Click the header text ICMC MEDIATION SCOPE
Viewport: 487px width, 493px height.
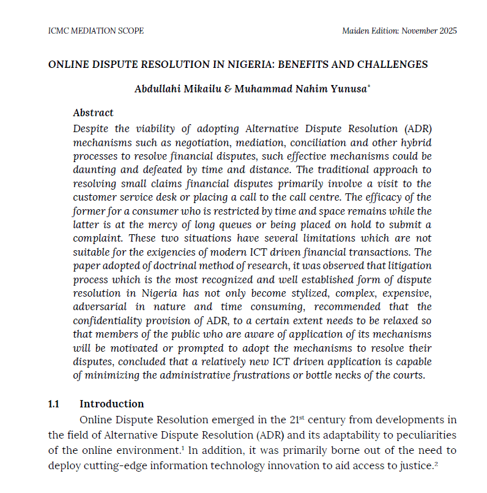pos(95,31)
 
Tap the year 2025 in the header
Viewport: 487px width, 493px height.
pos(447,31)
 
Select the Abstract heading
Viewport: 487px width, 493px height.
pos(93,113)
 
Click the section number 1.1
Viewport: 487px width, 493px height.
pos(54,404)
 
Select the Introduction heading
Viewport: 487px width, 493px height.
pos(112,404)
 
